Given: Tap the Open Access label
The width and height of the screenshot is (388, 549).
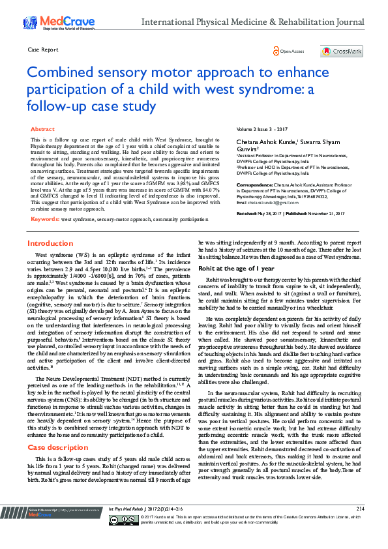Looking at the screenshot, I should click(x=291, y=51).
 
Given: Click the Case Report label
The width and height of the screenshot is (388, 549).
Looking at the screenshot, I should click(x=44, y=50).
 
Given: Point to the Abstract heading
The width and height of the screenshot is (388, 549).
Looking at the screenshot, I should click(x=42, y=130).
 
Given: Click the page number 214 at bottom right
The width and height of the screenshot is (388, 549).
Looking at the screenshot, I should click(x=360, y=526).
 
